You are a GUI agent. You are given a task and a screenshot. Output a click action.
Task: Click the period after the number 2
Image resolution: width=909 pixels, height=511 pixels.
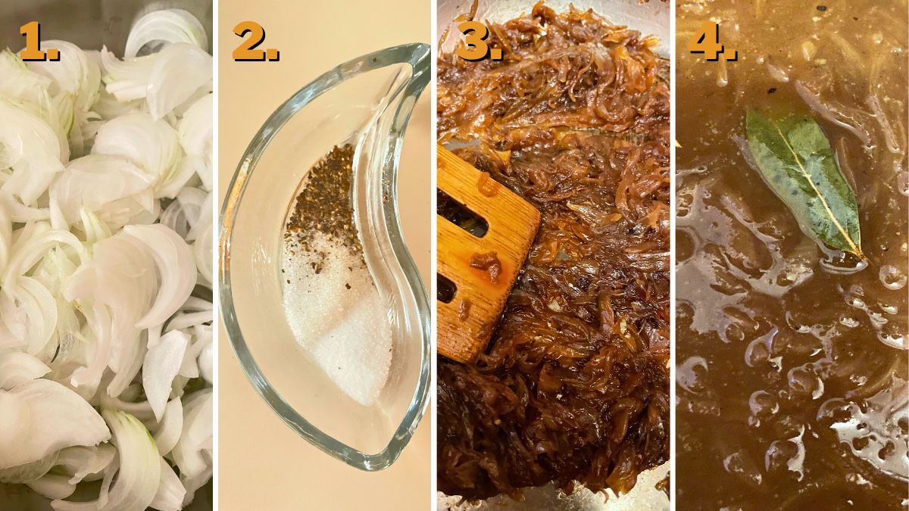(x=273, y=56)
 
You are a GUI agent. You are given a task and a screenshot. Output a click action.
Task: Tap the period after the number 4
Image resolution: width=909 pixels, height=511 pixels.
(x=730, y=56)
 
